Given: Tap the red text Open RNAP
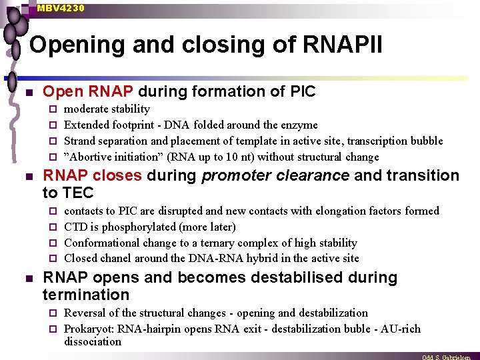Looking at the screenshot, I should point(88,91).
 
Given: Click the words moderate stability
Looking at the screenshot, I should point(107,109).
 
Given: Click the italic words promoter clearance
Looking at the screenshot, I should point(275,176).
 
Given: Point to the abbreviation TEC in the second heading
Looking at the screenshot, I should point(79,193).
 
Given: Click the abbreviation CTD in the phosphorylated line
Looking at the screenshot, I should point(75,227).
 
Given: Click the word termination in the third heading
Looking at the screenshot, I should point(85,295).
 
